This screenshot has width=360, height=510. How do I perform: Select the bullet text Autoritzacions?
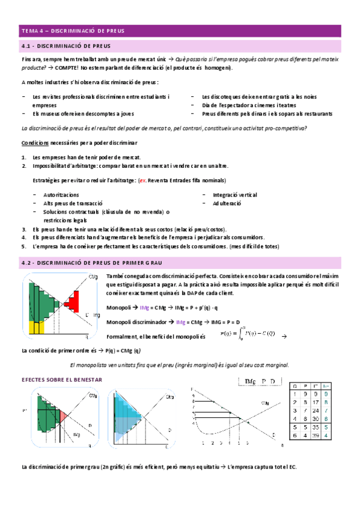(x=61, y=195)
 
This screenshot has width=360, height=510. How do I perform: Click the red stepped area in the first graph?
(x=73, y=298)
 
